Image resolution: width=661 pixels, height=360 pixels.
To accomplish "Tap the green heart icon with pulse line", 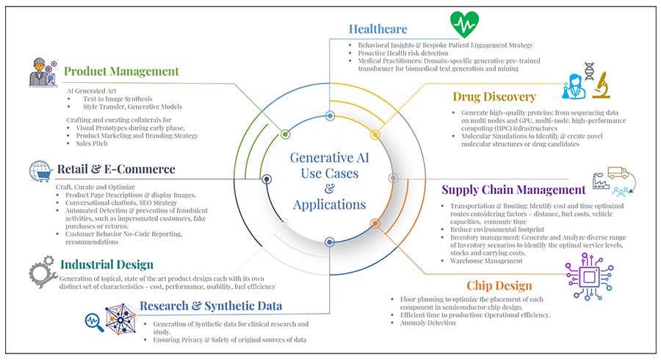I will click(x=464, y=24).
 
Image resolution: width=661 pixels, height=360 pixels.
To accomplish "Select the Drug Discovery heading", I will click(x=494, y=97).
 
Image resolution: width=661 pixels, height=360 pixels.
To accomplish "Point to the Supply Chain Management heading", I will click(x=513, y=190).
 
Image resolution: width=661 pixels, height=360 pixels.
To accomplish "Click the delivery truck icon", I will click(x=618, y=173).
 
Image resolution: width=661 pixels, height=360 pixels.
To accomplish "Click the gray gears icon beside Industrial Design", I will click(x=43, y=270).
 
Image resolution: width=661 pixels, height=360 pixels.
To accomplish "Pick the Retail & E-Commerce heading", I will click(x=116, y=170).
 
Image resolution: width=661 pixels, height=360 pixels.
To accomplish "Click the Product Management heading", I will click(x=121, y=71).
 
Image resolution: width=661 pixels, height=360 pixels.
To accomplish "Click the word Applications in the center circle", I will click(x=328, y=204).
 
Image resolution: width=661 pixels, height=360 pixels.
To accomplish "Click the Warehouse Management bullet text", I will click(x=486, y=261).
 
